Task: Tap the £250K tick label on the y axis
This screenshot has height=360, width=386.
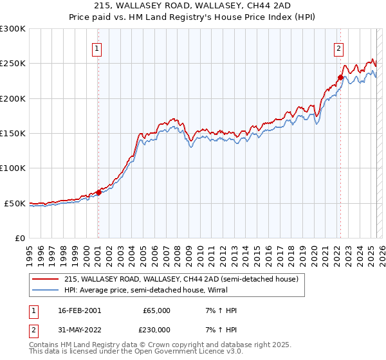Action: point(13,64)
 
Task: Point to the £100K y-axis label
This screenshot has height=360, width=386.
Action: point(13,168)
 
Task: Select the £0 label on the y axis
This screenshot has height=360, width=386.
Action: point(20,238)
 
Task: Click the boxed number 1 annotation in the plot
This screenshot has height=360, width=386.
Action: point(97,47)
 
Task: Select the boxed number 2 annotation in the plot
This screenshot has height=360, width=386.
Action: point(338,47)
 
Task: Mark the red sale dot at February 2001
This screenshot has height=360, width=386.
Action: point(98,192)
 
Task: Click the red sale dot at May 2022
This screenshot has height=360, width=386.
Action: point(340,77)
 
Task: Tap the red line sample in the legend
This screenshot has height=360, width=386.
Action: point(45,280)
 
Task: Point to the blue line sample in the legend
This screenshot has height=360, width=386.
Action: point(45,290)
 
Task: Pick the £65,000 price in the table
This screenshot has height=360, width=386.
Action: point(158,310)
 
